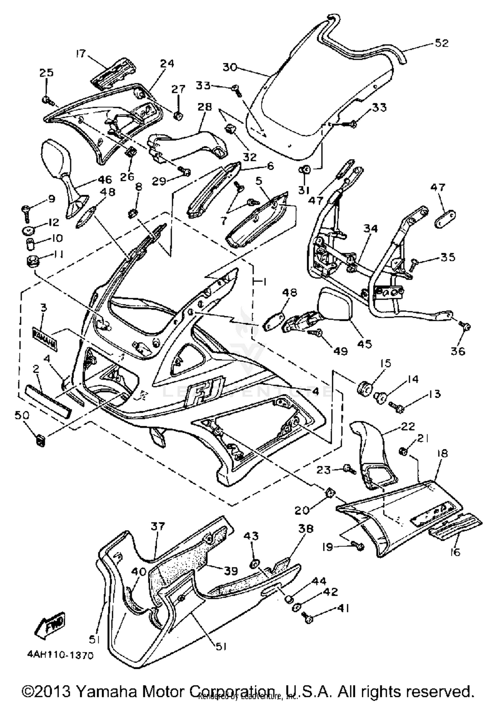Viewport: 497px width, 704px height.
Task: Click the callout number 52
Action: (x=441, y=43)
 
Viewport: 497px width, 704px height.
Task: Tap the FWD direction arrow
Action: (x=50, y=624)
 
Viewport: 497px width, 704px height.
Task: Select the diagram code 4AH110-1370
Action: (x=60, y=655)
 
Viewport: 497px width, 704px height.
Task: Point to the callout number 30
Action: (x=230, y=67)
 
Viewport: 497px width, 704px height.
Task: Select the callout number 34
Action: (x=370, y=228)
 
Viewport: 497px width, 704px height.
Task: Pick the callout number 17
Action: (x=81, y=53)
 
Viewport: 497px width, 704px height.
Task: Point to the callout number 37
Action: (x=158, y=526)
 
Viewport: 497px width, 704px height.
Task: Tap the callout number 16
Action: (x=456, y=552)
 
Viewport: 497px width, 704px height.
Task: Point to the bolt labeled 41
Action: (x=308, y=618)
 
